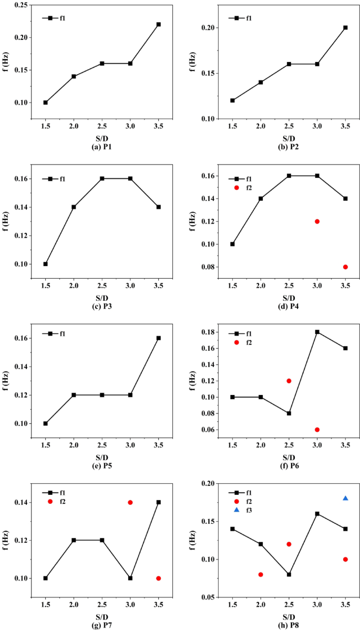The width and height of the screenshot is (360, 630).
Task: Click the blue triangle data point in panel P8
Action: click(x=345, y=498)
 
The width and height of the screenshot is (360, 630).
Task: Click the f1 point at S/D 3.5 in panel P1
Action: click(x=158, y=24)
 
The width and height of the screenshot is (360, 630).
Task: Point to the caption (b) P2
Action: click(x=289, y=147)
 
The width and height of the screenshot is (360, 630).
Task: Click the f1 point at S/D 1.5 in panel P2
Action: click(x=232, y=100)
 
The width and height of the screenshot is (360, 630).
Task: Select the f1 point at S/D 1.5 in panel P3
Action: click(x=45, y=264)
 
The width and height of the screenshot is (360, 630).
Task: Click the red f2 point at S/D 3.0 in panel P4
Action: click(x=317, y=221)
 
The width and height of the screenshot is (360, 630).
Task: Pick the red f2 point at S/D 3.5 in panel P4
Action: click(x=345, y=267)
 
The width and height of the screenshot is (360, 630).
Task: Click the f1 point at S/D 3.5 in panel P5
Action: click(x=158, y=338)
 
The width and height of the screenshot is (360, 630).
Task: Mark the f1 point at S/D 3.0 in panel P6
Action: click(x=317, y=332)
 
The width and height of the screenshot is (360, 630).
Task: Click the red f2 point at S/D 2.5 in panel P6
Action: click(x=289, y=381)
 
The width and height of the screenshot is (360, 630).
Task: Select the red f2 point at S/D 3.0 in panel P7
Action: click(x=130, y=502)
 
